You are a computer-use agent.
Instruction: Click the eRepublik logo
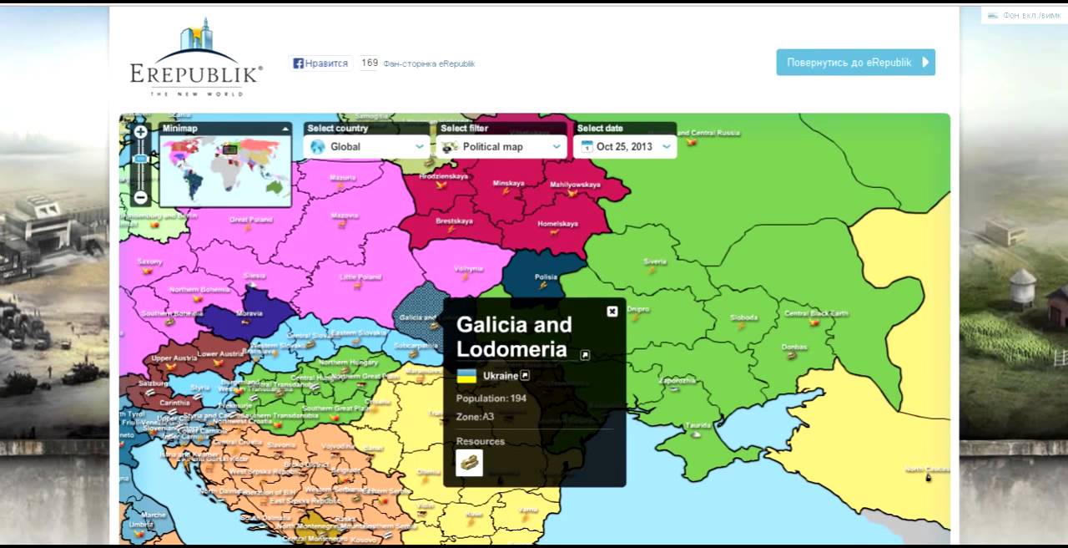click(x=196, y=58)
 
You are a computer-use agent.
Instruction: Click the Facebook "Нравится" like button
click(x=320, y=63)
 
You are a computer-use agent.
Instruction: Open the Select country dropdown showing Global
click(x=367, y=146)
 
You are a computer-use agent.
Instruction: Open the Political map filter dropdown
click(x=501, y=146)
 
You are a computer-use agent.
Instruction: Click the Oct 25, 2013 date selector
click(x=625, y=146)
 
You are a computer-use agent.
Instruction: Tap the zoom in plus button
click(x=141, y=131)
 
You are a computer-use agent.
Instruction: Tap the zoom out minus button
click(x=141, y=198)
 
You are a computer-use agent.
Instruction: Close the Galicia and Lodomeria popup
click(x=612, y=311)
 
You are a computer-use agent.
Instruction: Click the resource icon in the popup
click(x=469, y=462)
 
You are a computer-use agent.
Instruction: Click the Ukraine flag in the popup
click(x=466, y=376)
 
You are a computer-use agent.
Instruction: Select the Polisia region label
click(x=546, y=277)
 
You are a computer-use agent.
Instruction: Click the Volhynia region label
click(x=469, y=269)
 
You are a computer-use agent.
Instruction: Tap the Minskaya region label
click(x=508, y=183)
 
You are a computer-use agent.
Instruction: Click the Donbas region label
click(x=793, y=347)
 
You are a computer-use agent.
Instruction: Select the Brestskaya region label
click(x=454, y=221)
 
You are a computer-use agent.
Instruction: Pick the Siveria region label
click(x=655, y=261)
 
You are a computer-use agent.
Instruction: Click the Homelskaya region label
click(x=557, y=224)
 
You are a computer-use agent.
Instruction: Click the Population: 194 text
click(x=491, y=398)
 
